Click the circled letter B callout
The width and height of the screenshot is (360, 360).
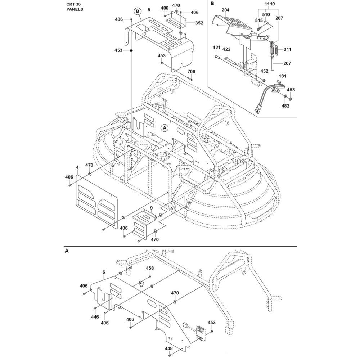[137, 11]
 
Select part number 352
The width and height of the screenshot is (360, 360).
[199, 23]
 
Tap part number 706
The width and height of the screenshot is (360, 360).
[190, 72]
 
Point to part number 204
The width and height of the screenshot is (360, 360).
[225, 10]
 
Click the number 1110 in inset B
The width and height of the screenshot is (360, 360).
[270, 4]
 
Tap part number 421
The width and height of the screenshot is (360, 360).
[216, 48]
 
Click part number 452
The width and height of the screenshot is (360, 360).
[264, 71]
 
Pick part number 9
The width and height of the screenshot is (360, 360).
[152, 208]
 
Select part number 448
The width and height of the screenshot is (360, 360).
[168, 348]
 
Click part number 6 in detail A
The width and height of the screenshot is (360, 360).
[103, 273]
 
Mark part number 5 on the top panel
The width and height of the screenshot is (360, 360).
[149, 10]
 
